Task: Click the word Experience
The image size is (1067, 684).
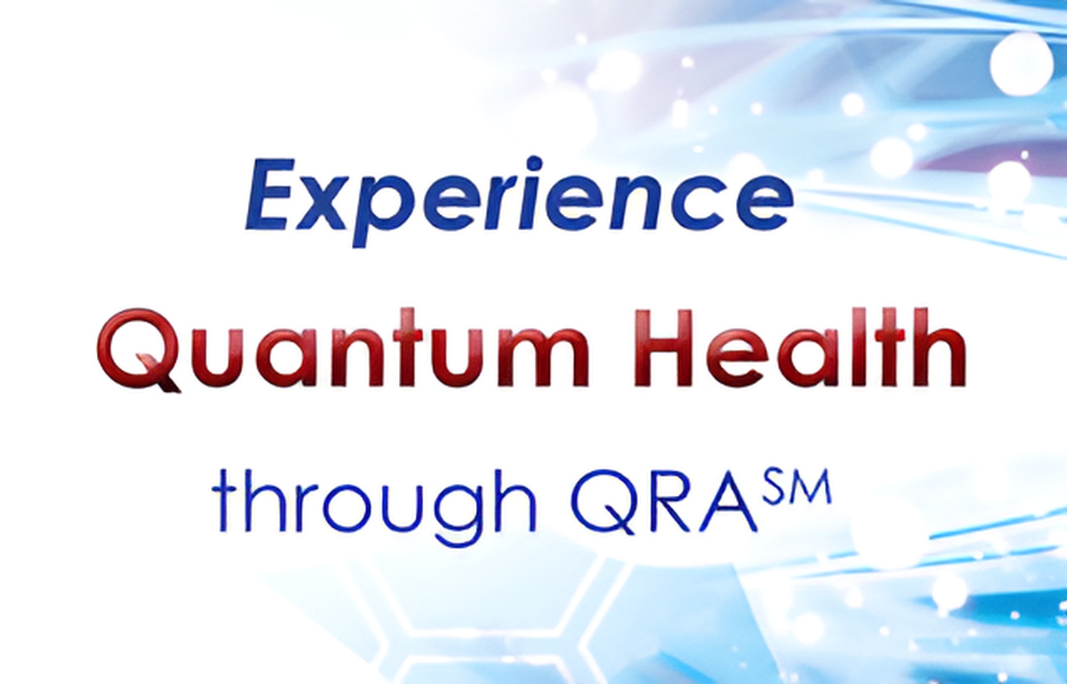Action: (519, 201)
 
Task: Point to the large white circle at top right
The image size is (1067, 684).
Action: (1022, 63)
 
